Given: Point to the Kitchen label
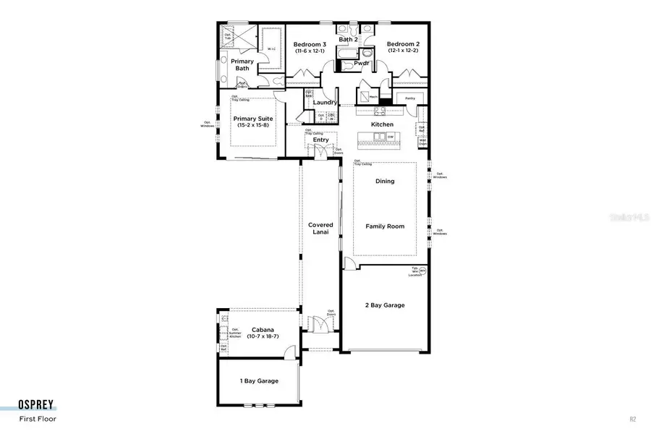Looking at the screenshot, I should pyautogui.click(x=382, y=124).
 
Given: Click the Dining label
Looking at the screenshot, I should pyautogui.click(x=385, y=181).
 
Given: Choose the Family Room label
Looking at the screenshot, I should pyautogui.click(x=385, y=226).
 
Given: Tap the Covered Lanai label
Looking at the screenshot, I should pyautogui.click(x=320, y=229).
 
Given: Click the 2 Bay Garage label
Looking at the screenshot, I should pyautogui.click(x=385, y=305).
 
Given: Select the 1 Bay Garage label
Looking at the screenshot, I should pyautogui.click(x=259, y=380).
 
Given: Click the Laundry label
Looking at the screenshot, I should pyautogui.click(x=325, y=103).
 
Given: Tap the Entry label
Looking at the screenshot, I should pyautogui.click(x=320, y=140).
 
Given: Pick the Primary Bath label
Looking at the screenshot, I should pyautogui.click(x=242, y=65).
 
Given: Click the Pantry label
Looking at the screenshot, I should pyautogui.click(x=409, y=98).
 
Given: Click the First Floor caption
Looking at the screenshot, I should pyautogui.click(x=38, y=418).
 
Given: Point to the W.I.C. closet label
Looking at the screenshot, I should pyautogui.click(x=271, y=49).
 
